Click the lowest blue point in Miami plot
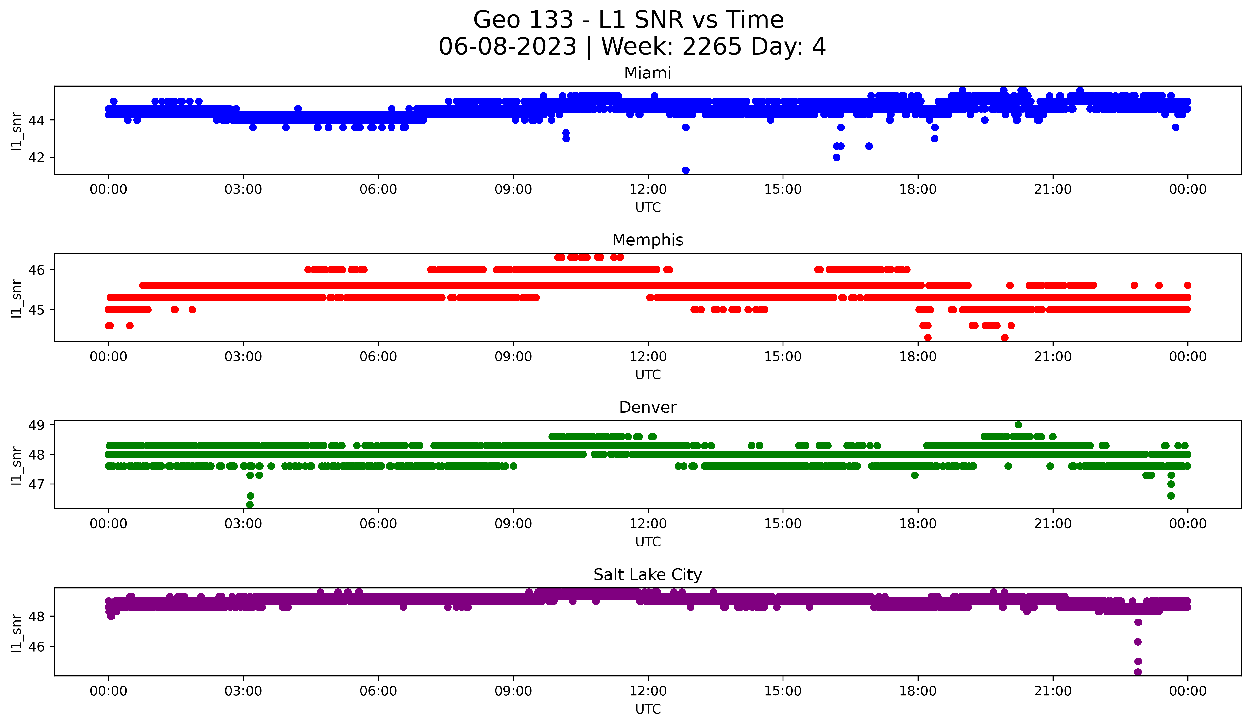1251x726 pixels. coord(686,170)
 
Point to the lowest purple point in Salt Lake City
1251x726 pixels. coord(1138,672)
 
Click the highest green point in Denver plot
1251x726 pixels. coord(1018,425)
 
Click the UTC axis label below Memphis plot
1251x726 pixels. coord(648,375)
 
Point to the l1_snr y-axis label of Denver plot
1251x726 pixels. coord(16,465)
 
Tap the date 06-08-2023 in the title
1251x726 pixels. coord(507,47)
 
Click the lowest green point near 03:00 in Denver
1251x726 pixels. coord(250,505)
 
